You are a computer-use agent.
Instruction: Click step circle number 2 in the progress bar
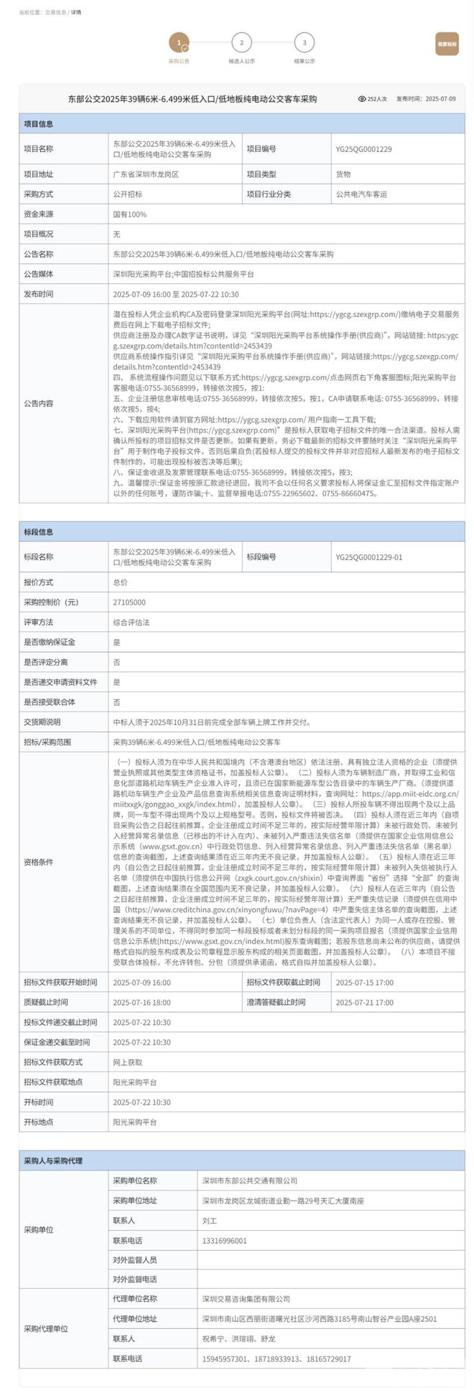(241, 43)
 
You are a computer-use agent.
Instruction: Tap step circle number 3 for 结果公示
(305, 43)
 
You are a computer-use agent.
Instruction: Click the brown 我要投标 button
(447, 44)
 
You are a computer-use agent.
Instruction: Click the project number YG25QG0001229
(363, 149)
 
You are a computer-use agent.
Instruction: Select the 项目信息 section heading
(38, 123)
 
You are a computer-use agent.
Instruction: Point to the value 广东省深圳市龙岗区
(146, 174)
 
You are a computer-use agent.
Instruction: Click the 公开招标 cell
(128, 194)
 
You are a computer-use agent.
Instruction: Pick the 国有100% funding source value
(129, 214)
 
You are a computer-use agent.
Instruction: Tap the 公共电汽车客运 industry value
(361, 194)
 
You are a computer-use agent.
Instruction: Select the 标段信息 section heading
(38, 532)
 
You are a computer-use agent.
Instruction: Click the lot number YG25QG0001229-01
(368, 557)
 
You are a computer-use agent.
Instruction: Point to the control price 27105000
(129, 602)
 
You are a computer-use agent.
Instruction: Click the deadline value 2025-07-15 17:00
(364, 983)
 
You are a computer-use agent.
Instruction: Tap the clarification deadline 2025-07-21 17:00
(364, 1003)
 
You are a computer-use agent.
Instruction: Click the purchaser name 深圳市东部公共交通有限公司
(249, 1181)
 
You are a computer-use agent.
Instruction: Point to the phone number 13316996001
(224, 1241)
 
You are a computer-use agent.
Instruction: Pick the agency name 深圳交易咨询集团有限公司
(246, 1299)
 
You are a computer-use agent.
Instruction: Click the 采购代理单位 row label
(46, 1329)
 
